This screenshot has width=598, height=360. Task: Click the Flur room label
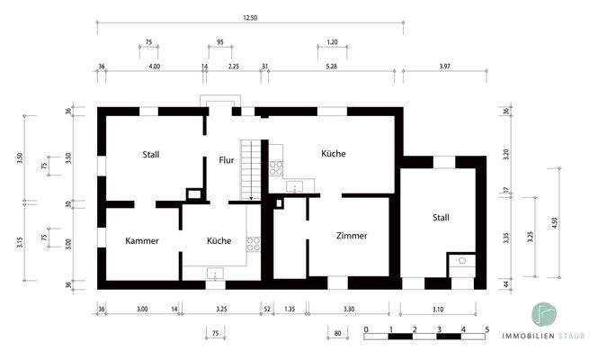[x=227, y=161]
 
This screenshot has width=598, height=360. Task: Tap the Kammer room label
[x=142, y=241]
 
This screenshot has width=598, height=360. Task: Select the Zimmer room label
[x=352, y=236]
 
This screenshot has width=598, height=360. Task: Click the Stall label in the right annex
[x=441, y=218]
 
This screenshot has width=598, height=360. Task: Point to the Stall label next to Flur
[x=151, y=155]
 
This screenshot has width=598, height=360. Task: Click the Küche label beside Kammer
[x=219, y=241]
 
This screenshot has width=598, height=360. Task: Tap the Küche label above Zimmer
[x=334, y=154]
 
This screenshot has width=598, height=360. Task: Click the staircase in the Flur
[x=251, y=168]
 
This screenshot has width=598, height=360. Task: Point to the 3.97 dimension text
[x=445, y=66]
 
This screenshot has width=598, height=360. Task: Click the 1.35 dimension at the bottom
[x=290, y=310]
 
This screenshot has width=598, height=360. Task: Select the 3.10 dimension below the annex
[x=438, y=310]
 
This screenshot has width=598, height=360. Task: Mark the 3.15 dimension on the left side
[x=20, y=242]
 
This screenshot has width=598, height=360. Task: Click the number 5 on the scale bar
[x=486, y=330]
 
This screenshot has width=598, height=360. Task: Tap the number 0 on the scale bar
[x=367, y=330]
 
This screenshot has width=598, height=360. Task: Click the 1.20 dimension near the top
[x=332, y=42]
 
